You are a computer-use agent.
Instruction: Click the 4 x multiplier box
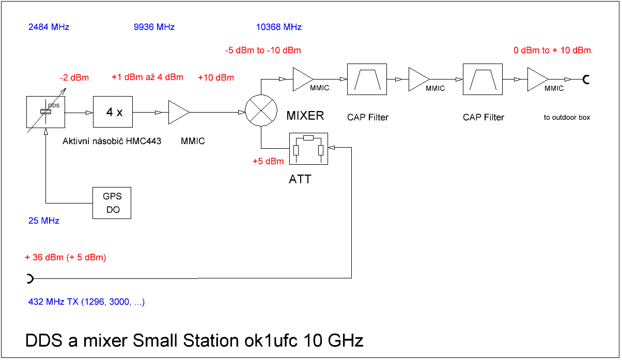(113, 112)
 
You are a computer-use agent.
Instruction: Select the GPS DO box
(112, 202)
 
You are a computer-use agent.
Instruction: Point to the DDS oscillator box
(46, 112)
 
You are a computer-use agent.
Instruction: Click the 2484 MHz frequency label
(49, 27)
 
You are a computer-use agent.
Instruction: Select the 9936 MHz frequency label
(154, 27)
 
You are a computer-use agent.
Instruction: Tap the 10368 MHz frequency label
(279, 27)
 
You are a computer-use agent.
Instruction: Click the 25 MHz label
(44, 221)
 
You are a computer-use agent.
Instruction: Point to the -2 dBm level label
(74, 78)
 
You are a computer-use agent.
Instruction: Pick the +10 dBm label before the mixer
(216, 78)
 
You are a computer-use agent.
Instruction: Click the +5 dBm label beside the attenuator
(268, 162)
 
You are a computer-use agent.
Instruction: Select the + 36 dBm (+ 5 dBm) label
(66, 257)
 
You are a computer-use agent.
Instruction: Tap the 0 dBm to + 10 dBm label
(552, 51)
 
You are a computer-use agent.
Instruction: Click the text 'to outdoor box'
(567, 118)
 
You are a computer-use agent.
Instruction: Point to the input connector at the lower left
(30, 279)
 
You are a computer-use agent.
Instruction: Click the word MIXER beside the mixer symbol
(305, 116)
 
